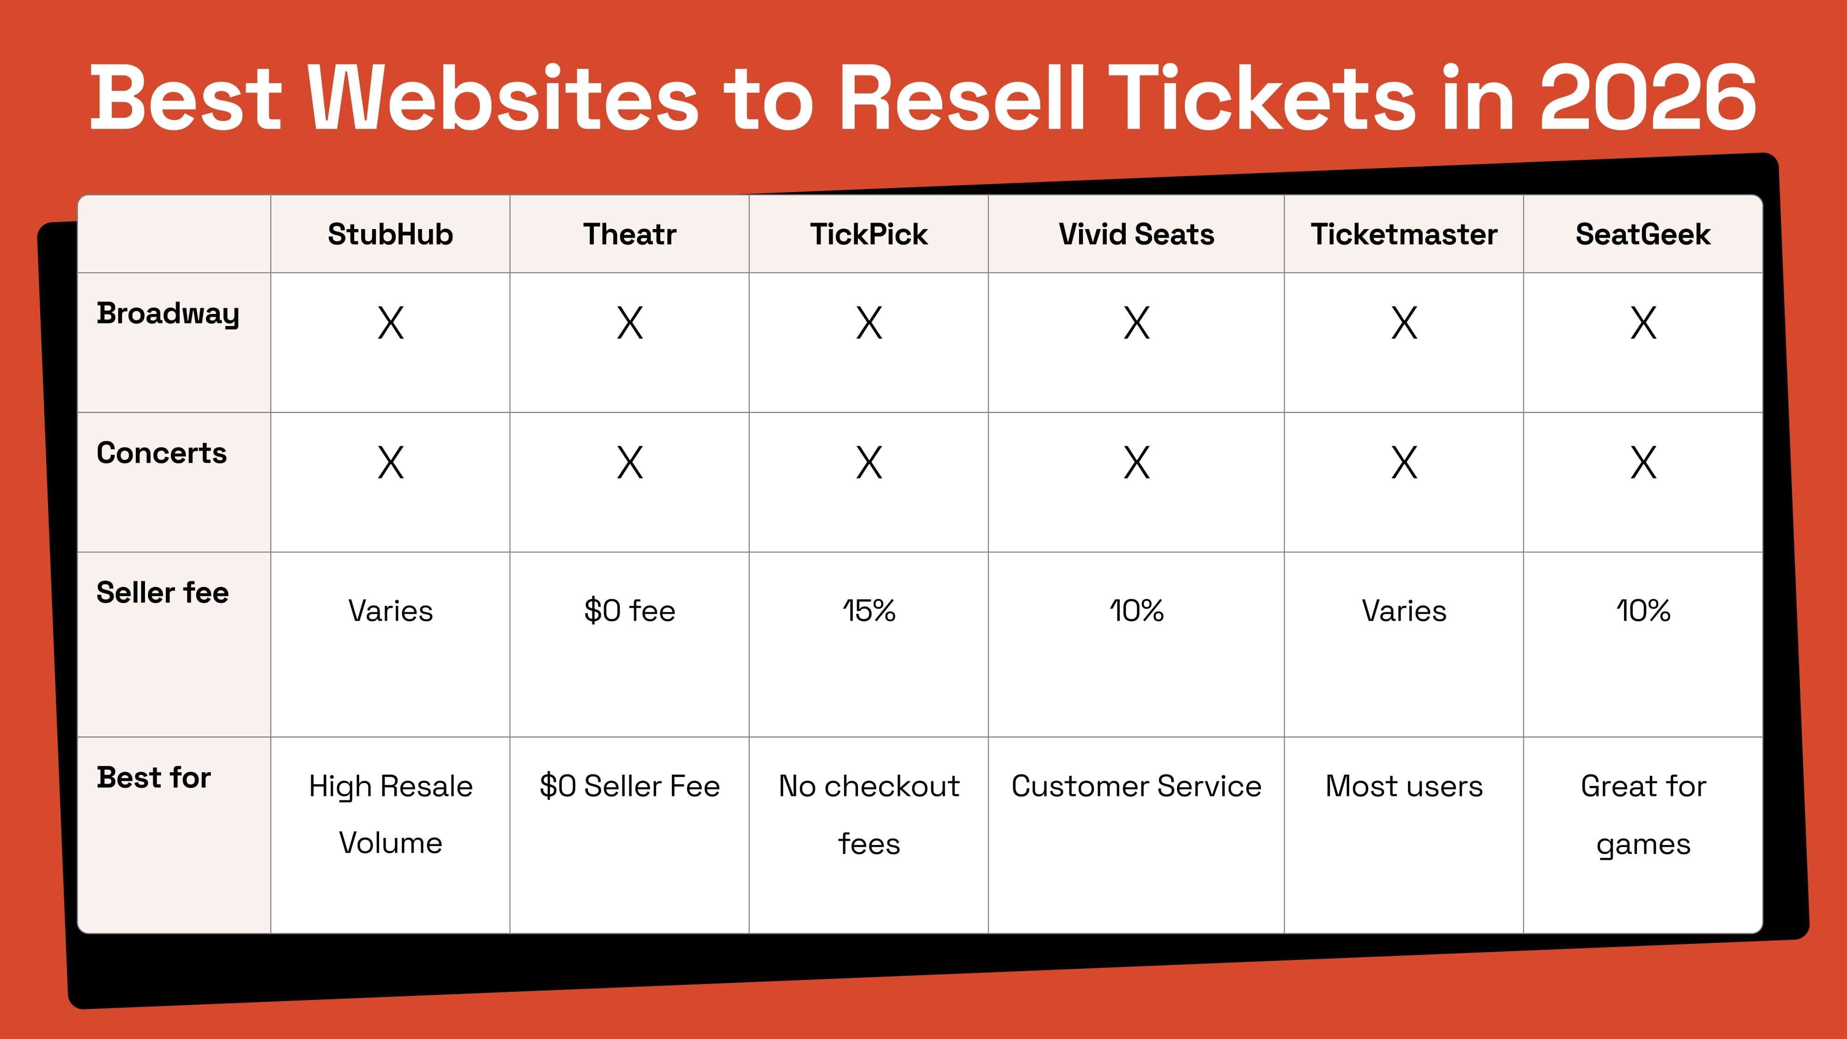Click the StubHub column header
(x=390, y=235)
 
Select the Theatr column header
(x=629, y=235)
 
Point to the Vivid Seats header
(x=1136, y=235)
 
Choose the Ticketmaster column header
(x=1404, y=235)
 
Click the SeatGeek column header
(x=1642, y=235)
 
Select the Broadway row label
(x=168, y=314)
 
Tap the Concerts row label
(x=162, y=453)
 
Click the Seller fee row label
(x=163, y=593)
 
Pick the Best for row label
(x=154, y=778)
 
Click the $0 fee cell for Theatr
(x=629, y=611)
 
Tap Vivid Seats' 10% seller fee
(x=1136, y=611)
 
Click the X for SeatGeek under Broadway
(x=1642, y=323)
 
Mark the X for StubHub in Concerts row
(x=390, y=463)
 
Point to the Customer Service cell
(x=1136, y=786)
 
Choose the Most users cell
(x=1404, y=786)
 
